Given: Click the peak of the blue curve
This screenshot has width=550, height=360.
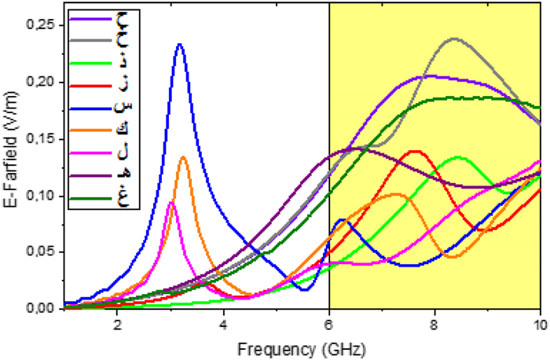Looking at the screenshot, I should [180, 44].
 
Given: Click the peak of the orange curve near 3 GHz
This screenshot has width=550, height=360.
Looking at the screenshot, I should [183, 157].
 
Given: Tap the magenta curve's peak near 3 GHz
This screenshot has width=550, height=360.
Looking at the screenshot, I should [171, 203].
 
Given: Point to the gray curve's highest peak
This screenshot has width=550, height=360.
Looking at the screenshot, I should [454, 39].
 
